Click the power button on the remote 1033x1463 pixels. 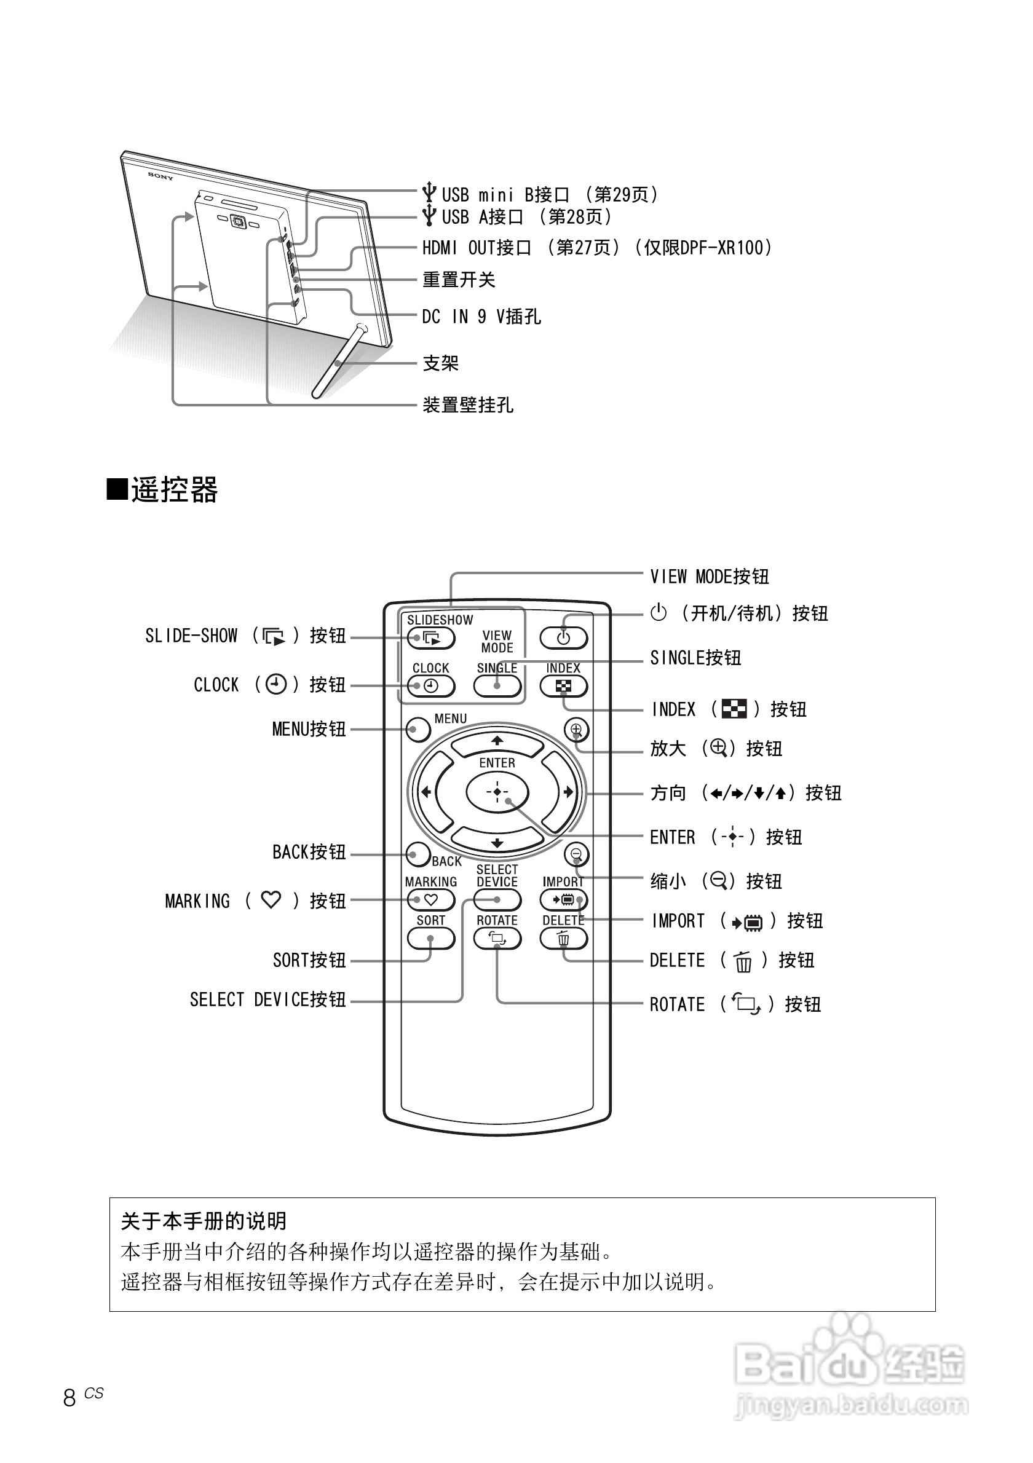click(x=563, y=638)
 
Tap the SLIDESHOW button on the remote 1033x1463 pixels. click(x=431, y=638)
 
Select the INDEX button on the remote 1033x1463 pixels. click(x=563, y=686)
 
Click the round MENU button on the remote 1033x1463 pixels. click(x=418, y=730)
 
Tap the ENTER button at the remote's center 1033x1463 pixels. click(x=497, y=792)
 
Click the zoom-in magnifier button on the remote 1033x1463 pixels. click(x=576, y=730)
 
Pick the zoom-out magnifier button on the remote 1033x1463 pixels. click(x=576, y=854)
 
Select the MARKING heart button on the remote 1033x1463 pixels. click(x=431, y=900)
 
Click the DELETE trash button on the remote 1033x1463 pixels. click(x=563, y=938)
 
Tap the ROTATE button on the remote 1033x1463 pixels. click(x=497, y=938)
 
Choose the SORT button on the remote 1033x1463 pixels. click(x=431, y=938)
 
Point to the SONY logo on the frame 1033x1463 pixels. click(x=160, y=175)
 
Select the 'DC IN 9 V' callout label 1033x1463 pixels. click(x=481, y=317)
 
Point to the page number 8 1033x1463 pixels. click(x=69, y=1397)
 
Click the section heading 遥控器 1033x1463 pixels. click(x=173, y=490)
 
